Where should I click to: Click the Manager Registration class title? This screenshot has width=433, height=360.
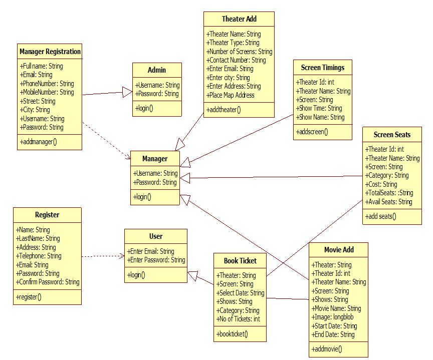coord(50,52)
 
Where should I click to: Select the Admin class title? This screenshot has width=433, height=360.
coord(157,70)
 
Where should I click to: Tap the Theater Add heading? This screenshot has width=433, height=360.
coord(239,19)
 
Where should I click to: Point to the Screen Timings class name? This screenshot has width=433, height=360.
coord(323,68)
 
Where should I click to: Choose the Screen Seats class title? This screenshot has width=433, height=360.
coord(392,135)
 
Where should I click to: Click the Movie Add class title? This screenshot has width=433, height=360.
coord(339,250)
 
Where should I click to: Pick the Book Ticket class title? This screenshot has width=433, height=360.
coord(240,261)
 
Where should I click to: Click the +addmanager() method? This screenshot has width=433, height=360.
coord(39,142)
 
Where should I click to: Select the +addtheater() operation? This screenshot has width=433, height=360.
coord(224,110)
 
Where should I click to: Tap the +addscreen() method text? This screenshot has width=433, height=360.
coord(312,132)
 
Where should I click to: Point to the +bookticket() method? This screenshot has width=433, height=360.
coord(232,334)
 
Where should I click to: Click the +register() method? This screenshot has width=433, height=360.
coord(29,297)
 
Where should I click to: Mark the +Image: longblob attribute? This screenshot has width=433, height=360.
coord(332,317)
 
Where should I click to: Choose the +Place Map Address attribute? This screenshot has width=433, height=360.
coord(231,95)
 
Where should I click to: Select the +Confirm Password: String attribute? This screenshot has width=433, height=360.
coord(48,282)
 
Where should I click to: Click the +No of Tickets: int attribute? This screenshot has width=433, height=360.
coord(238,319)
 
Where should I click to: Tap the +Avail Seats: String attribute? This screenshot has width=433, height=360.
coord(388,202)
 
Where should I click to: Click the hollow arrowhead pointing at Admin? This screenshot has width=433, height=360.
coord(127,92)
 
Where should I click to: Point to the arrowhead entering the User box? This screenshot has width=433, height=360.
coord(193,275)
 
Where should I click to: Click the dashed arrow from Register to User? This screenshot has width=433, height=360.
coord(103,256)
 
